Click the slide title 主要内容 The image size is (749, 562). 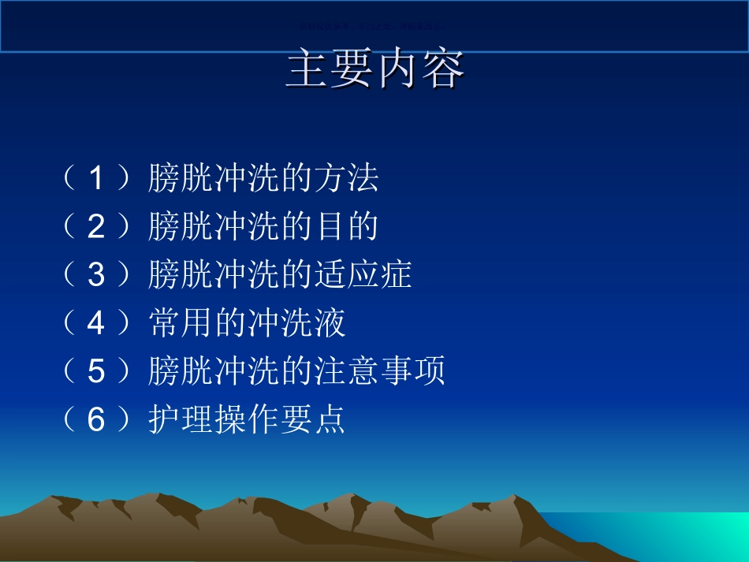coord(374,70)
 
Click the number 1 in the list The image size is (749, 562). coord(95,180)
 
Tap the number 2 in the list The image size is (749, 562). coord(95,228)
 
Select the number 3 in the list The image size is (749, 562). coord(95,275)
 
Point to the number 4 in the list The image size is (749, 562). coord(95,323)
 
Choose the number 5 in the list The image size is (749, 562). coord(95,371)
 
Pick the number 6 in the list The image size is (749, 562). coord(95,419)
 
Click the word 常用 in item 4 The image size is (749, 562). coord(181,323)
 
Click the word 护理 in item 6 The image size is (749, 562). coord(181,419)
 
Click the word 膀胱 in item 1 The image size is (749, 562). coord(181,180)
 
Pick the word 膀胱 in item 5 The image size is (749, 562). coord(181,371)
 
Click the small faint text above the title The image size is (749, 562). coord(371,26)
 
